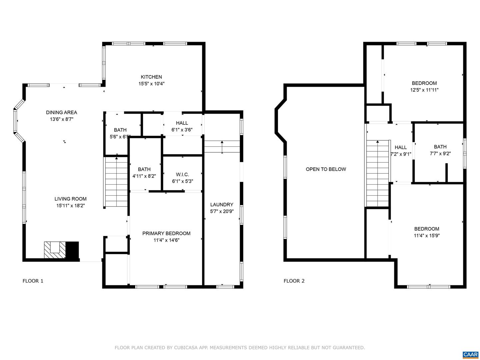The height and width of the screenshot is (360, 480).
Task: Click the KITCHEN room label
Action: [151, 77]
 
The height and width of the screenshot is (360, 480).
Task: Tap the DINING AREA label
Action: [61, 112]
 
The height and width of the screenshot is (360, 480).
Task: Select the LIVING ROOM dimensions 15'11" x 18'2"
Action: [70, 205]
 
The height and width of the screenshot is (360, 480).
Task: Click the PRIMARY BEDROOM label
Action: [166, 233]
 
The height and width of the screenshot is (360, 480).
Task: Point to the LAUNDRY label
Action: [222, 204]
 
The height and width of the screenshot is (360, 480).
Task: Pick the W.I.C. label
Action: [182, 174]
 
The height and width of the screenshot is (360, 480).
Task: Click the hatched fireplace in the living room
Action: [55, 250]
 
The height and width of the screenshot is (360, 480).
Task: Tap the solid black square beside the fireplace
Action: [72, 250]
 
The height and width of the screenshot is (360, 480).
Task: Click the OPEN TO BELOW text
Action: [326, 169]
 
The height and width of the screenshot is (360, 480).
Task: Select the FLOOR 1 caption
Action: [33, 281]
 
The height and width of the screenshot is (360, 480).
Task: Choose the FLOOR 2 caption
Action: [294, 281]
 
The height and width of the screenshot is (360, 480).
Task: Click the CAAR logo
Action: [471, 355]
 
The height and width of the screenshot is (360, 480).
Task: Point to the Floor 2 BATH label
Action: [440, 147]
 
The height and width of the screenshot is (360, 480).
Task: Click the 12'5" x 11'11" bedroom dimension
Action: [424, 90]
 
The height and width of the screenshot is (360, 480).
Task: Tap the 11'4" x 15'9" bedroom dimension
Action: [427, 235]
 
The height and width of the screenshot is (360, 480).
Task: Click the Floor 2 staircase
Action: [377, 173]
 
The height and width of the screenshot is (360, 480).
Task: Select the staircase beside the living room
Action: [116, 182]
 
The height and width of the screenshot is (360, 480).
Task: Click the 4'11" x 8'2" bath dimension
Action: [144, 176]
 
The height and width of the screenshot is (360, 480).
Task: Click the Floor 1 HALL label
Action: [182, 123]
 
